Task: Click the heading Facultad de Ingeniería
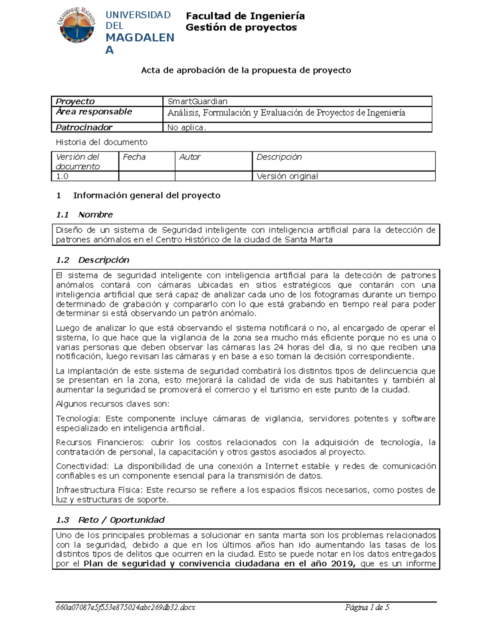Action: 245,16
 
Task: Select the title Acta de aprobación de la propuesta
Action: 246,70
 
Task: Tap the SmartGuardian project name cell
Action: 197,101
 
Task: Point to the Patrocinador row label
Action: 84,128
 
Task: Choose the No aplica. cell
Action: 186,128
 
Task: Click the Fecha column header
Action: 134,157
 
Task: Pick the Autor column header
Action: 190,157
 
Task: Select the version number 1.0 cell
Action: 62,176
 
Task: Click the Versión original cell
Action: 287,176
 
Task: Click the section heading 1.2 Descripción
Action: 93,260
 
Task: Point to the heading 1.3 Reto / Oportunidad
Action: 110,520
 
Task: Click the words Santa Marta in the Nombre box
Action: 308,240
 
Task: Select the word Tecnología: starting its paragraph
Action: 78,418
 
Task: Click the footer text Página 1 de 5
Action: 367,607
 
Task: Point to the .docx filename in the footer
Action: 125,607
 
